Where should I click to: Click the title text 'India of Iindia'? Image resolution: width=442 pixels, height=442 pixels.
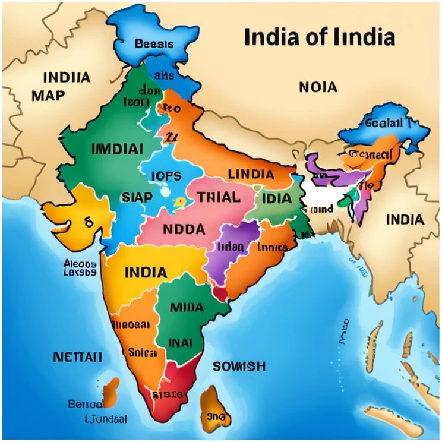tap(319, 37)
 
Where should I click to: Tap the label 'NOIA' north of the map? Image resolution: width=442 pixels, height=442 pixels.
tap(318, 87)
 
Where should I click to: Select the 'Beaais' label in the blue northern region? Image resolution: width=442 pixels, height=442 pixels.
tap(154, 43)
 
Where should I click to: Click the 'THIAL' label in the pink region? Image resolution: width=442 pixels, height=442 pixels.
tap(218, 197)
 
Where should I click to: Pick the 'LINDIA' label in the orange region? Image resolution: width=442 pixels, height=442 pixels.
tap(251, 175)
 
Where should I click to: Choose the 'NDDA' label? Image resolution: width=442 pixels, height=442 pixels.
tap(184, 229)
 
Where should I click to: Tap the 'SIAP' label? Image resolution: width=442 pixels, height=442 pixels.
tap(137, 197)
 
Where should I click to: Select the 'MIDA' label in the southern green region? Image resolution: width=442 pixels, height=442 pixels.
tap(187, 307)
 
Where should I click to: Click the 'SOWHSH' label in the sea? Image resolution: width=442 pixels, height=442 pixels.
tap(239, 366)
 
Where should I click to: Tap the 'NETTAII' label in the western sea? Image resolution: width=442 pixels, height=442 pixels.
tap(77, 357)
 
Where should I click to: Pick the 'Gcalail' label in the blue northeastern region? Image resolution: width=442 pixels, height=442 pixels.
tap(383, 123)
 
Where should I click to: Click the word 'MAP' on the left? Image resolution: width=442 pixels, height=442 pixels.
tap(48, 95)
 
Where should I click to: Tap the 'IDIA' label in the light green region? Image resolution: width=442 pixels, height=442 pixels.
tap(276, 198)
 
